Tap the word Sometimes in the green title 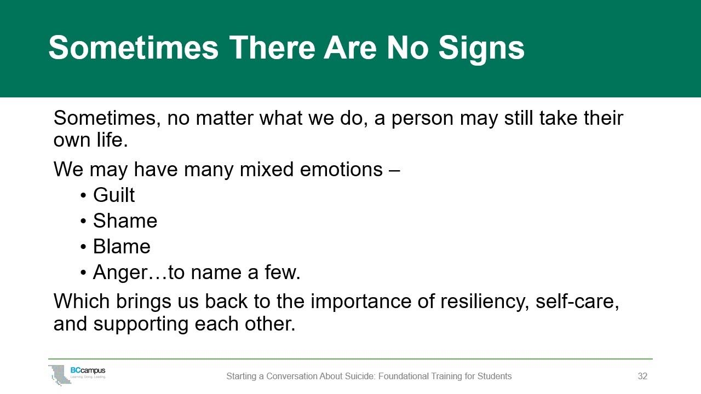[133, 47]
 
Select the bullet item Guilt [114, 195]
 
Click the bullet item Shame [125, 221]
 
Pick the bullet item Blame [122, 246]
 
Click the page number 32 [642, 376]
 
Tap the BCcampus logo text [88, 370]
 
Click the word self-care [577, 302]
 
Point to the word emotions [341, 170]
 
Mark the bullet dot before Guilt [83, 196]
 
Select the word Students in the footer [495, 376]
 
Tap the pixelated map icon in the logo [60, 375]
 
